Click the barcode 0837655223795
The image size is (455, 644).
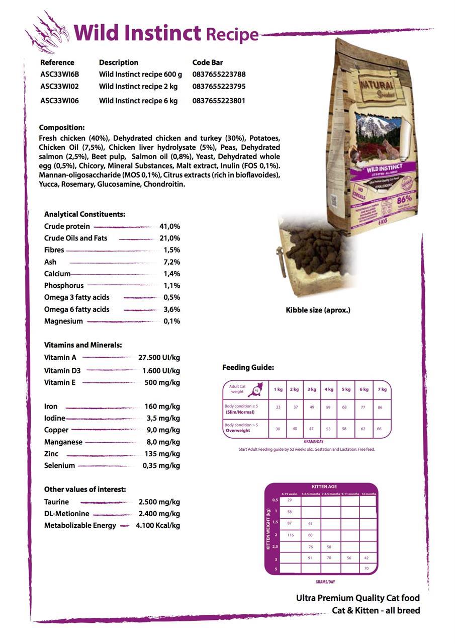[x=219, y=87]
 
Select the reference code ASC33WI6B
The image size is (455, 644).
[x=59, y=74]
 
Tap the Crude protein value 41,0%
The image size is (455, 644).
[x=169, y=226]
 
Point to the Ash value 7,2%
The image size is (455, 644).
[x=171, y=262]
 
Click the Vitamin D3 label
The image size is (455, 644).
[x=62, y=371]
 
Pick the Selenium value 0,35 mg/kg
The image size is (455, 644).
[x=161, y=466]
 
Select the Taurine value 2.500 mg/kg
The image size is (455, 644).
[x=159, y=502]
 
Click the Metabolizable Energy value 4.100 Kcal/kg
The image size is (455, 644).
[x=158, y=526]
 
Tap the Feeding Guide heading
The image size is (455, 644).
[x=248, y=368]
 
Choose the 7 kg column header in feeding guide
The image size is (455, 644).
[x=382, y=389]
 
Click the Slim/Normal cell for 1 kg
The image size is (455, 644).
[x=278, y=407]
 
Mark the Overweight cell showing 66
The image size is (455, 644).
[x=379, y=429]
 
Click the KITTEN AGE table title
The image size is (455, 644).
[x=324, y=487]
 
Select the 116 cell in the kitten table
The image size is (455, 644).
[x=290, y=535]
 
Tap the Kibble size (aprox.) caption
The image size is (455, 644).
[x=318, y=310]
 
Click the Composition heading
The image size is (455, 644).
[x=62, y=128]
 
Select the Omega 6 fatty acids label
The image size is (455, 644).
[x=76, y=309]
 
